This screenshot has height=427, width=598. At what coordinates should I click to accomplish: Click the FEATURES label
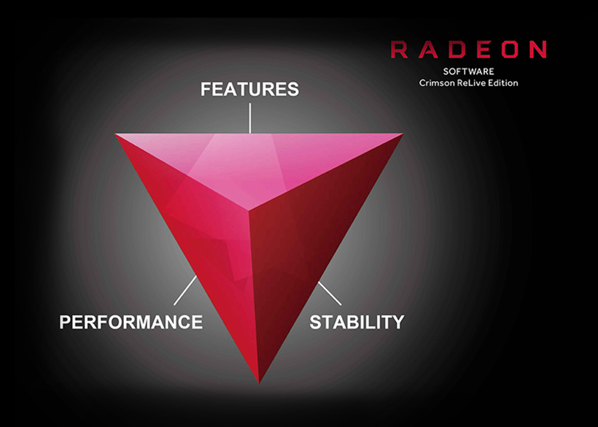(x=250, y=89)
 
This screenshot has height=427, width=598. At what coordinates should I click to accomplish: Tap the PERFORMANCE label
(x=131, y=322)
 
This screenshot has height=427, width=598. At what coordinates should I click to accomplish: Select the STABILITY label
(x=357, y=322)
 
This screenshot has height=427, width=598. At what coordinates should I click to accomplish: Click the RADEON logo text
(x=468, y=50)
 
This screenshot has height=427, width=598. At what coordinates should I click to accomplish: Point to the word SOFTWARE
(x=468, y=72)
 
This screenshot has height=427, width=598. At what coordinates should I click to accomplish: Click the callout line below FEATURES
(x=250, y=118)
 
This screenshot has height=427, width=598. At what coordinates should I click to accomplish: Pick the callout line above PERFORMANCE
(x=185, y=291)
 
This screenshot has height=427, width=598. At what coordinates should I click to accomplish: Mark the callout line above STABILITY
(x=330, y=293)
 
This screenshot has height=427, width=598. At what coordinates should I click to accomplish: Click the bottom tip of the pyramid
(x=259, y=382)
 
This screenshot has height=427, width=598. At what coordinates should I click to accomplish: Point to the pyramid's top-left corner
(x=115, y=134)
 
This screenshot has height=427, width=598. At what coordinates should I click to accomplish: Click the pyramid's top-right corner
(x=403, y=134)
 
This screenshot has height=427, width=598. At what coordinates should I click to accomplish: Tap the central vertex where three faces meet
(x=249, y=210)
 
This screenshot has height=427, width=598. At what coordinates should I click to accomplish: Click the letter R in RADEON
(x=399, y=50)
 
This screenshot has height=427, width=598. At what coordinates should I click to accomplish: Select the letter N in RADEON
(x=537, y=50)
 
